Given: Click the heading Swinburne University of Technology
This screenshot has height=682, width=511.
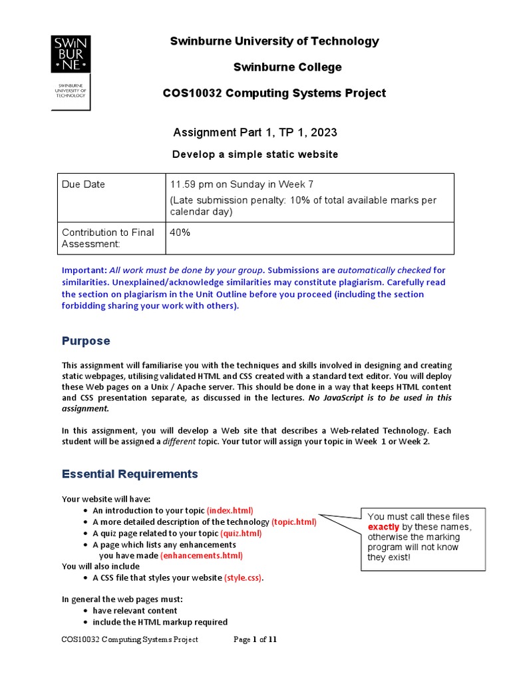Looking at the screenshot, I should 274,41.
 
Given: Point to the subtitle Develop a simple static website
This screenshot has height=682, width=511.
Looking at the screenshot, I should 255,155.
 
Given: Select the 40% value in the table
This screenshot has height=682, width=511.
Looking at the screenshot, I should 180,232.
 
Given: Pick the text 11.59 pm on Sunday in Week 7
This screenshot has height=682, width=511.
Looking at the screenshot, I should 252,184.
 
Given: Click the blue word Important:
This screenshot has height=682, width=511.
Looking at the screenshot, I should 84,270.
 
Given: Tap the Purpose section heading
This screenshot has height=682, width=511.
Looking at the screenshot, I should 86,341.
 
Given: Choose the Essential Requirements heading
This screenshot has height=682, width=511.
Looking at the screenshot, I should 130,474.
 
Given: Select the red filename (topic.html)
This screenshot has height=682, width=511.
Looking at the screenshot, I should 293,522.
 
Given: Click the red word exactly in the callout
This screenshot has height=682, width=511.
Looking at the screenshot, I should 384,527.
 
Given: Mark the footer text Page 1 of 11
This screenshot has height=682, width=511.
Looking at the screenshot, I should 255,640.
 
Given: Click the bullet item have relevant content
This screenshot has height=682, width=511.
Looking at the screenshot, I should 135,611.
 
